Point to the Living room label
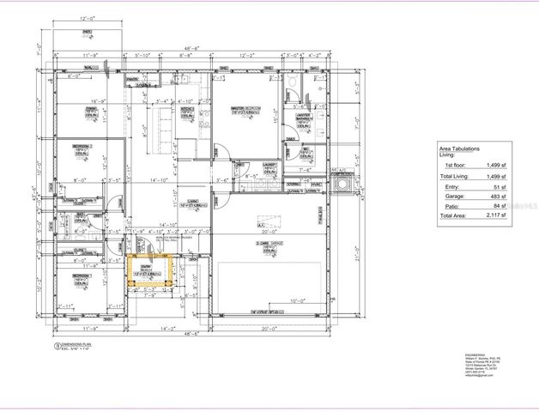click(194, 204)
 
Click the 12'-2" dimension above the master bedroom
click(247, 54)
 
